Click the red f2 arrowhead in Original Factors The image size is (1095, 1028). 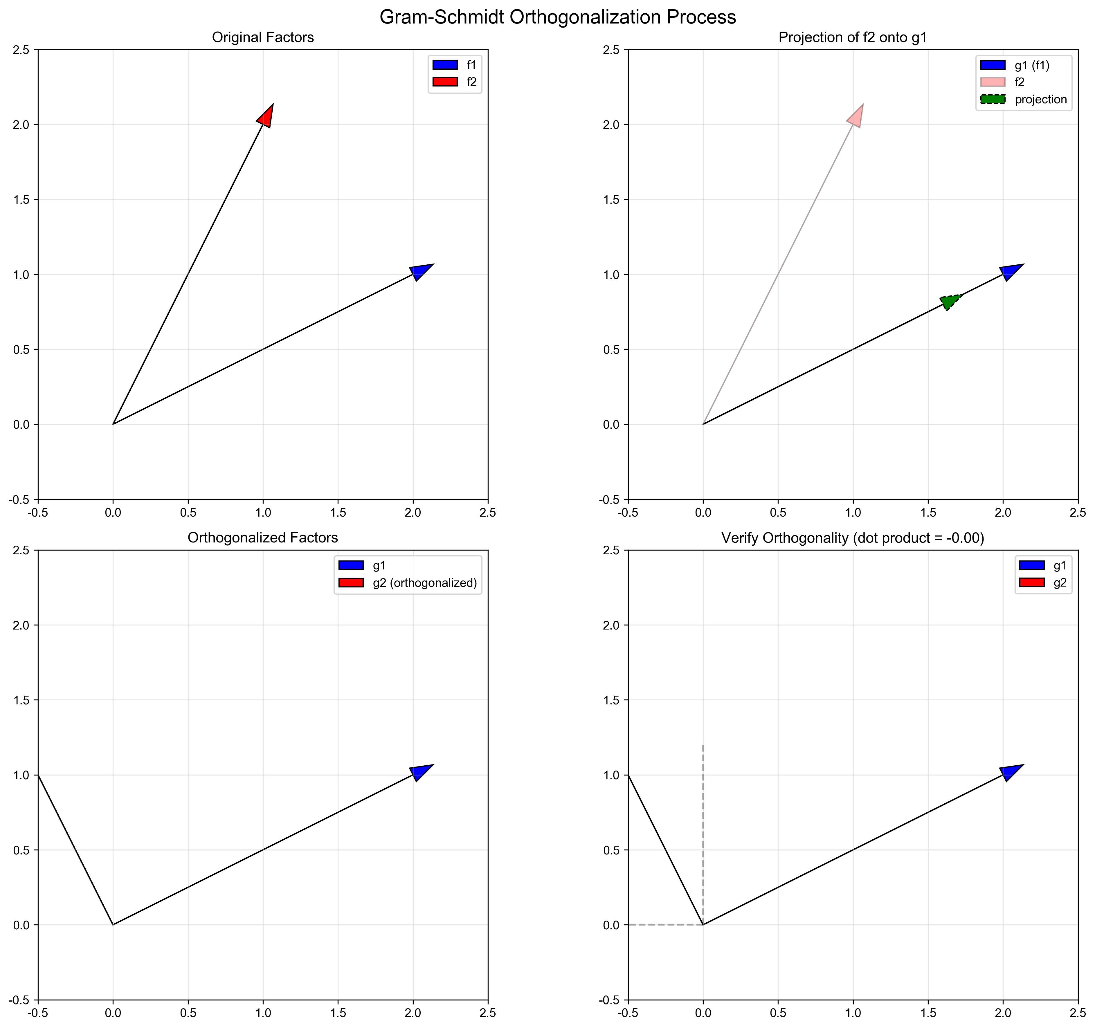click(266, 116)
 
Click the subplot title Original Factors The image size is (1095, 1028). click(263, 37)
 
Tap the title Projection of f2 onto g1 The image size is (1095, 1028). click(853, 37)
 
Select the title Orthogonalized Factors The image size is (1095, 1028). click(263, 538)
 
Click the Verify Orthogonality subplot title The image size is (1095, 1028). click(853, 538)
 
